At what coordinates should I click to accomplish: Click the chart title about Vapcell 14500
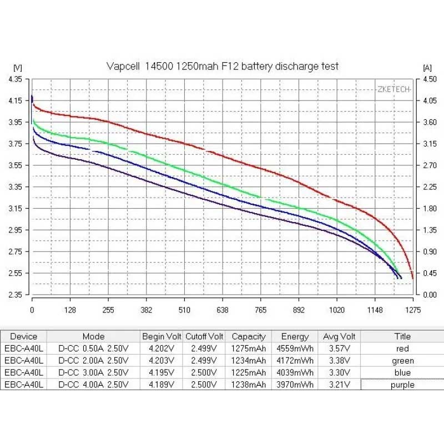click(x=222, y=66)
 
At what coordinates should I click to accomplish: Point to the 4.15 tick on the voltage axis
click(x=15, y=100)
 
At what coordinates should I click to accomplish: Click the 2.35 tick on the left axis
click(x=15, y=295)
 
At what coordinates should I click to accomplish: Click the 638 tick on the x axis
click(x=222, y=310)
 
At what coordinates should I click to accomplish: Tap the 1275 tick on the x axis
click(x=412, y=310)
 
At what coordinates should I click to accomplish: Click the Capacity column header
click(x=249, y=336)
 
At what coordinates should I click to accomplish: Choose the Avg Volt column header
click(x=340, y=336)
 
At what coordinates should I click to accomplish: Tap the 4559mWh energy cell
click(x=295, y=349)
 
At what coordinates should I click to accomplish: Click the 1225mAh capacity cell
click(x=249, y=372)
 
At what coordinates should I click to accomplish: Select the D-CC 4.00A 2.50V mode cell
click(x=93, y=384)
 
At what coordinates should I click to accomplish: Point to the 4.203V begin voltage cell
click(x=161, y=361)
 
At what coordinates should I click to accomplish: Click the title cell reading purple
click(x=402, y=384)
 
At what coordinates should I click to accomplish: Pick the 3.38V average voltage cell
click(x=340, y=361)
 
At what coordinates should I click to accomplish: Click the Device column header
click(x=23, y=336)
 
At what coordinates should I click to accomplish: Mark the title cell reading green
click(x=402, y=361)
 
